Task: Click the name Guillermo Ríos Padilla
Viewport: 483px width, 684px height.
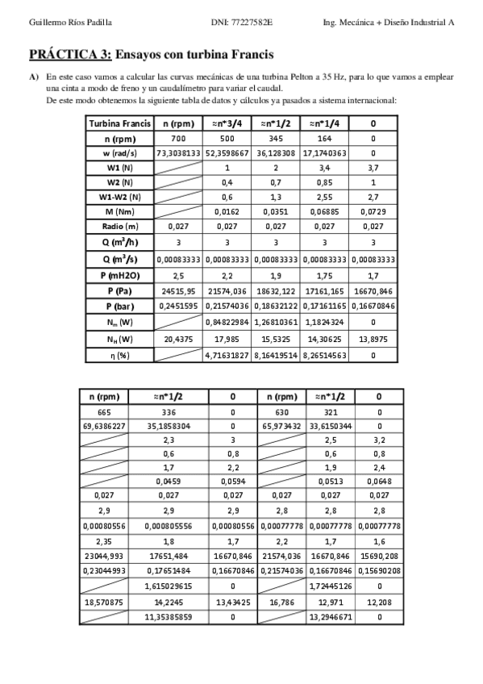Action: [59, 23]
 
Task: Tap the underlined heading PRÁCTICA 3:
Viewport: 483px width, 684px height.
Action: [70, 55]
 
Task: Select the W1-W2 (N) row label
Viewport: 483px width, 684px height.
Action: [119, 197]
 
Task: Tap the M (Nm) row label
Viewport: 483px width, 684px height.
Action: [119, 211]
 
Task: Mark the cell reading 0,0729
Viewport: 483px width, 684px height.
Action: [373, 211]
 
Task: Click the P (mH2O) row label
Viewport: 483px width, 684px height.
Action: [119, 275]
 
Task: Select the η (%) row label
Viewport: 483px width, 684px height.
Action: [119, 355]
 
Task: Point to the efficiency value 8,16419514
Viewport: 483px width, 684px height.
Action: [277, 355]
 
